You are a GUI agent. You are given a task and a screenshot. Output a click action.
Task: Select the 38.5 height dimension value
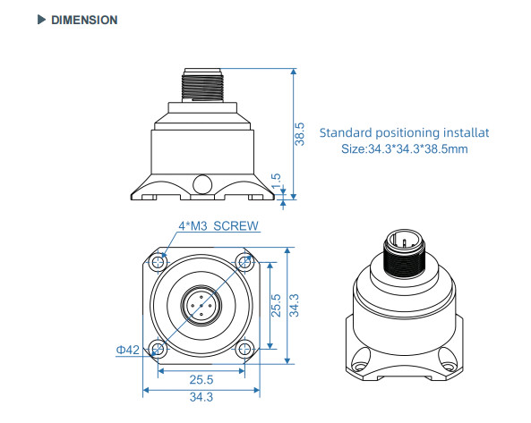point(301,134)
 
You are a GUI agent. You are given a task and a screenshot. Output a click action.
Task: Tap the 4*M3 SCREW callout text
point(218,226)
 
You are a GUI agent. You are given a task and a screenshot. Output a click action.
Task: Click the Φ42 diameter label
point(127,350)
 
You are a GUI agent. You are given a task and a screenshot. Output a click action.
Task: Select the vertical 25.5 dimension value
point(276,307)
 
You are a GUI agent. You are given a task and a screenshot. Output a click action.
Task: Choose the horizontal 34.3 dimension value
point(201,397)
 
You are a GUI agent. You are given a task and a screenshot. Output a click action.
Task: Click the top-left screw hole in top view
point(158,262)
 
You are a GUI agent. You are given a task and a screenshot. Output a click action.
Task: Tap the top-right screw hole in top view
point(243,262)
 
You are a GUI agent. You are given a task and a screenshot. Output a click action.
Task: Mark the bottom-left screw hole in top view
point(158,348)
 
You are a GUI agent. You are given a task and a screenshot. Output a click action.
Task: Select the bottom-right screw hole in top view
point(243,348)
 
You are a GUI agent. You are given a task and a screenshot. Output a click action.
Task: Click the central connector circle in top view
point(201,305)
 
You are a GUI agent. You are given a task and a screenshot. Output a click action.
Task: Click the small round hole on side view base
point(203,184)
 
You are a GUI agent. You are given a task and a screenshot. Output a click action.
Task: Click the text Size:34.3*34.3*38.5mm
point(405,148)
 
